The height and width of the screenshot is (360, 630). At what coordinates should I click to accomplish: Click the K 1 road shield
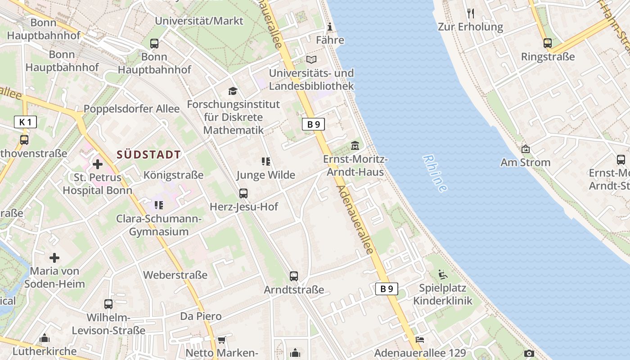[25, 121]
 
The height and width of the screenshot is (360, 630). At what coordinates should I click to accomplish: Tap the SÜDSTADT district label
[148, 155]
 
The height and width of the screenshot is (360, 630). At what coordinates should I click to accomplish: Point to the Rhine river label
[435, 174]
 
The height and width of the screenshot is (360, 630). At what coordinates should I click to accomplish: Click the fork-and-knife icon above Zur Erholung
[471, 13]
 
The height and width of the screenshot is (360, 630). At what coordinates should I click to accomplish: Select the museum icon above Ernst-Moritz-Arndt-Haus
[355, 146]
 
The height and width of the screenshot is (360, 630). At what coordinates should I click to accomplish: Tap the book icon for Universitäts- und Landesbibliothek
[311, 59]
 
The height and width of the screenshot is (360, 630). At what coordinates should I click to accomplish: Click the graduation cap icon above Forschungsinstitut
[233, 91]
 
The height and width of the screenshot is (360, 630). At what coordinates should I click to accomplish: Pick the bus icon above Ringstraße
[547, 43]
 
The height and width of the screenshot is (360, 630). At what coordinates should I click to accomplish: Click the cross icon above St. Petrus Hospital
[97, 165]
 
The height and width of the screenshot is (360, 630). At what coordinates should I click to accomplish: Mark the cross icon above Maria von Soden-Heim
[54, 258]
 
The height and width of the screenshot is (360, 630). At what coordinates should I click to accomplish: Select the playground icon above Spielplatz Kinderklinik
[443, 274]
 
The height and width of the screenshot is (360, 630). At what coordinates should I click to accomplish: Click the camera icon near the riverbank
[529, 354]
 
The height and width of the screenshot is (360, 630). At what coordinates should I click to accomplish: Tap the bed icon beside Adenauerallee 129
[420, 340]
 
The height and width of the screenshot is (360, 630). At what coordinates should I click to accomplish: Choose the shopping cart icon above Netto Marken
[221, 340]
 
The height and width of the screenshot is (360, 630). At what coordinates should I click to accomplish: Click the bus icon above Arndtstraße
[294, 276]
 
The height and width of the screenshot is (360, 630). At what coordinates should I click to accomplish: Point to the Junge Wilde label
[266, 175]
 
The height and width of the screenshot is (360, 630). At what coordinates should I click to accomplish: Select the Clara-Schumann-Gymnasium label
[159, 225]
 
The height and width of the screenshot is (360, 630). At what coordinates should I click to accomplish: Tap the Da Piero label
[201, 316]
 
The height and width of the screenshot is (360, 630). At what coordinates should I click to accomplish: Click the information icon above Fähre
[330, 27]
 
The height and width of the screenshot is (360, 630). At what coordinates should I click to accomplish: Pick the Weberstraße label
[175, 275]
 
